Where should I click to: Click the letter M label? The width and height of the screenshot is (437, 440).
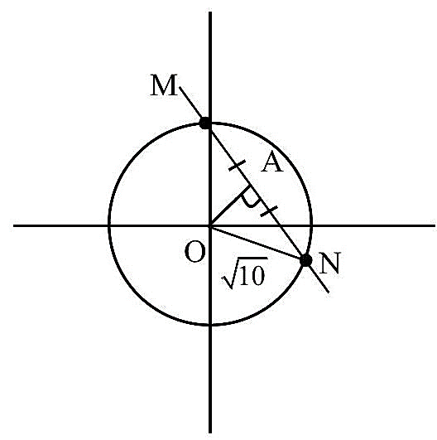pyautogui.click(x=164, y=85)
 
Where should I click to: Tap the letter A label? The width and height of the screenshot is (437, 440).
pyautogui.click(x=271, y=163)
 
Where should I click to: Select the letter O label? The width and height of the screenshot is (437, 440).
pyautogui.click(x=195, y=252)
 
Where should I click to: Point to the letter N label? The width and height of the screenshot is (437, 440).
pyautogui.click(x=329, y=263)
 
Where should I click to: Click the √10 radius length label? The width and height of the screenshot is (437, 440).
pyautogui.click(x=244, y=273)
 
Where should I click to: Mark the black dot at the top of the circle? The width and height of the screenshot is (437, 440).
pyautogui.click(x=205, y=123)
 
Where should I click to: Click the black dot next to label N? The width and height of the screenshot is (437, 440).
pyautogui.click(x=305, y=260)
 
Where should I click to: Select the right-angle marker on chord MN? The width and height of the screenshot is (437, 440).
pyautogui.click(x=248, y=198)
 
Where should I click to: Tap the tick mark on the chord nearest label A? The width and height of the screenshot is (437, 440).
pyautogui.click(x=238, y=165)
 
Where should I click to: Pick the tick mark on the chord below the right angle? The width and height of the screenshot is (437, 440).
pyautogui.click(x=269, y=211)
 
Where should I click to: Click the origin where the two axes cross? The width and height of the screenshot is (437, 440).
pyautogui.click(x=210, y=225)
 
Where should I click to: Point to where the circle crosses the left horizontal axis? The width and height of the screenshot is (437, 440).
pyautogui.click(x=109, y=225)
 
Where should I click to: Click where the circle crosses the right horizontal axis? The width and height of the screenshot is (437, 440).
pyautogui.click(x=311, y=225)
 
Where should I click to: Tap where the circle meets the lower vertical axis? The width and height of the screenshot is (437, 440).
pyautogui.click(x=210, y=325)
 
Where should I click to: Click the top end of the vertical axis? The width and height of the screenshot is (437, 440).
pyautogui.click(x=210, y=12)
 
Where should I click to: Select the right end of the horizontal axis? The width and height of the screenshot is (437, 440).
pyautogui.click(x=435, y=225)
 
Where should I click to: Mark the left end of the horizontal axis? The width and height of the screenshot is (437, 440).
pyautogui.click(x=14, y=225)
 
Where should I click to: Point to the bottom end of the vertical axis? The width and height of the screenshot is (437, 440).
pyautogui.click(x=210, y=433)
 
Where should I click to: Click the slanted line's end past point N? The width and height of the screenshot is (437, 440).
pyautogui.click(x=329, y=293)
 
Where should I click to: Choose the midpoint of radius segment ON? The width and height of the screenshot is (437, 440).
pyautogui.click(x=258, y=243)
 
